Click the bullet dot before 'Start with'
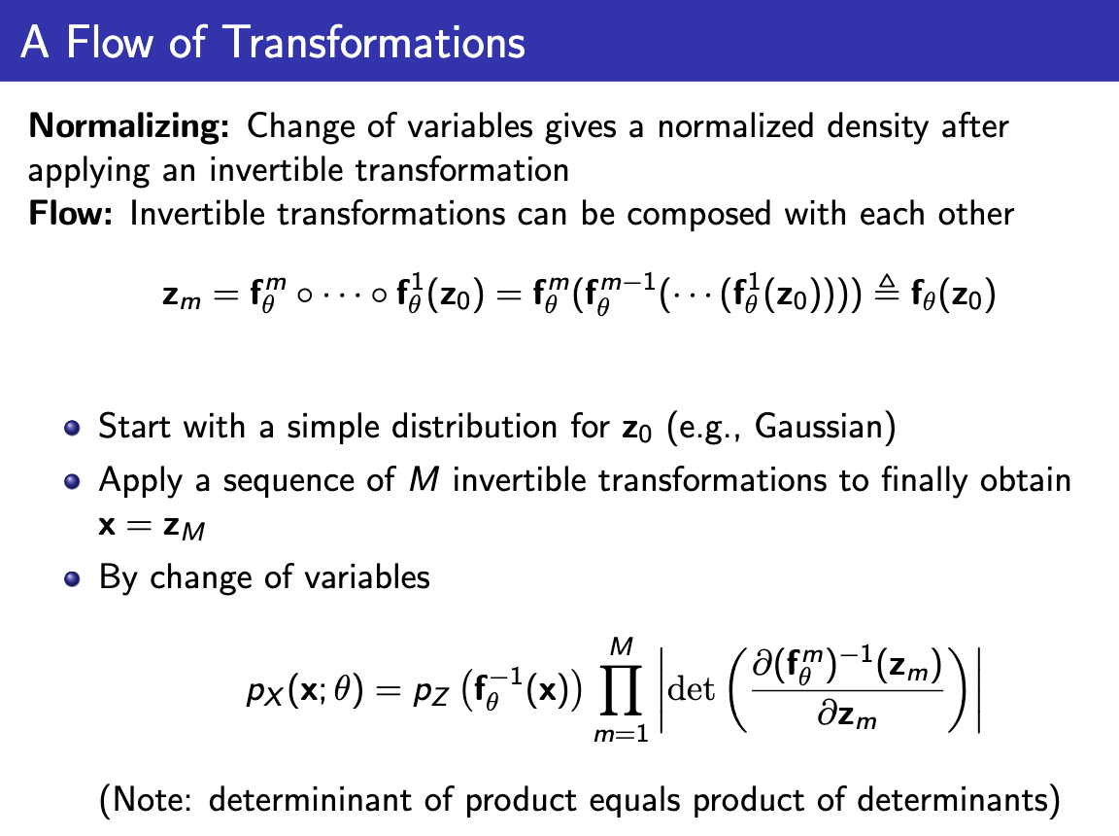coord(70,429)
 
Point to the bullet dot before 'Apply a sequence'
coord(70,482)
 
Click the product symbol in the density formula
coord(624,692)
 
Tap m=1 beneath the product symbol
coord(621,736)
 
